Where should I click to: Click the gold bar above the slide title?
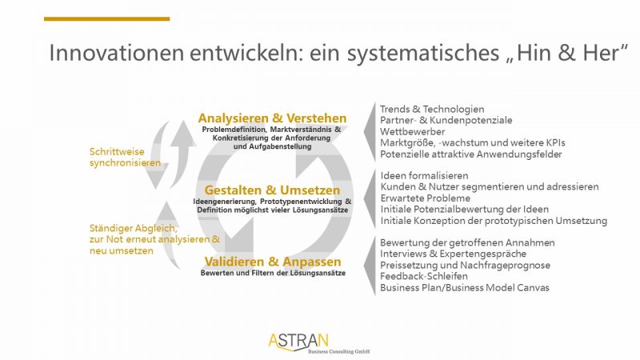coord(106,18)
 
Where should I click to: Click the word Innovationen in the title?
coord(116,53)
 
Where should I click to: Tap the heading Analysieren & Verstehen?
coord(272,118)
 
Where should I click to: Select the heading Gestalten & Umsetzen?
coord(272,190)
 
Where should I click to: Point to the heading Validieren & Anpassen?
coord(273,262)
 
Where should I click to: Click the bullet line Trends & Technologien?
coord(432,110)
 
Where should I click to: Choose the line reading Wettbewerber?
coord(412,132)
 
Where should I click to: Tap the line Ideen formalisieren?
coord(425,176)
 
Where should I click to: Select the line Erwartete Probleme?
coord(426,198)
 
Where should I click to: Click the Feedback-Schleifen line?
coord(424,276)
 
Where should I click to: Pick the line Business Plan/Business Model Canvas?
coord(465,288)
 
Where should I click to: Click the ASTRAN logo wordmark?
coord(298,342)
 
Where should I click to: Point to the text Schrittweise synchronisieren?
coord(125,157)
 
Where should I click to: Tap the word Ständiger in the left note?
coord(107,228)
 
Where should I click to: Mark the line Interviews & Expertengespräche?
coord(453,254)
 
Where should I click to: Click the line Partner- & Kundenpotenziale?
coord(446,121)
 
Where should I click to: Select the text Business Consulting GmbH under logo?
coord(338,351)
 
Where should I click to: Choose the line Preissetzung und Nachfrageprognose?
coord(465,266)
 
